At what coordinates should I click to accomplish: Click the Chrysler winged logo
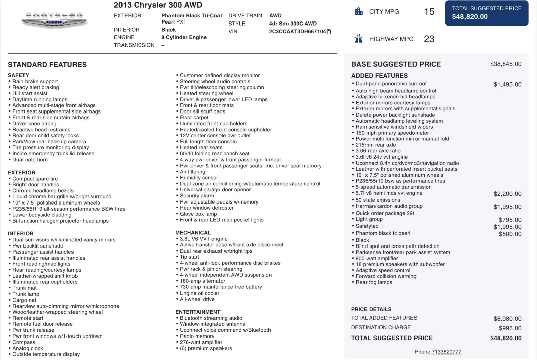coord(54,20)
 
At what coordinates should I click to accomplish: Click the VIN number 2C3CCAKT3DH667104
coord(297,32)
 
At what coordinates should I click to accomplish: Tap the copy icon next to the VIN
coord(329,32)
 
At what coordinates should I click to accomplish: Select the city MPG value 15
coord(429,12)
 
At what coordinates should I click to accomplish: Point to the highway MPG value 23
coord(429,39)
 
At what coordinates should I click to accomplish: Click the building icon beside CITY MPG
coord(359,12)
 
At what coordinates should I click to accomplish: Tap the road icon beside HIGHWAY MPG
coord(359,39)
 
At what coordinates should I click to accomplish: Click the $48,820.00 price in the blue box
coord(470,17)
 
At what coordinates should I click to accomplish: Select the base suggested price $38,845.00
coord(505,64)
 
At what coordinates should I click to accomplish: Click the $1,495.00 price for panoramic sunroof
coord(507,85)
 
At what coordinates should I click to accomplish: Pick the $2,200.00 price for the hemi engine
coord(507,194)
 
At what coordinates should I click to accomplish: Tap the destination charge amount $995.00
coord(510,328)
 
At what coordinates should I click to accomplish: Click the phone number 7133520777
coord(446,352)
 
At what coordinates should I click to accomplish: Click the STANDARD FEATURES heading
coord(47,65)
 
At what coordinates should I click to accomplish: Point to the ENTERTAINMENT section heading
coord(198,312)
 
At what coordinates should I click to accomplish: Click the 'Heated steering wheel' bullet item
coord(206,93)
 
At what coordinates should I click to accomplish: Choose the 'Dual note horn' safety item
coord(30,160)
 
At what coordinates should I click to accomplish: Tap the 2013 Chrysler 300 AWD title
coord(158,5)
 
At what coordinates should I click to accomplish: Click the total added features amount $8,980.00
coord(507,319)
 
